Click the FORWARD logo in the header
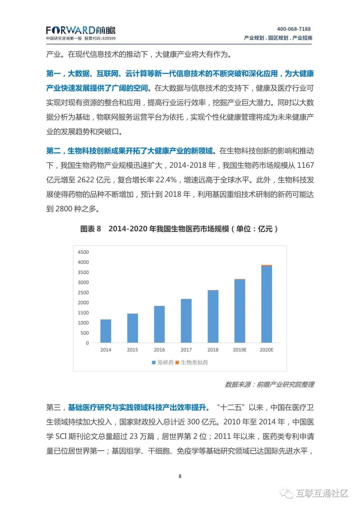80,31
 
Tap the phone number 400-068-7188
294,29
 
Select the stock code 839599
109,39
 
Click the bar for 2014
106,331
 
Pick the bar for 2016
159,324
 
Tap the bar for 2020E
266,304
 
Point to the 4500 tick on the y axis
83,252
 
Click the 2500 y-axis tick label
83,292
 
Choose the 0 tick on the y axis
87,343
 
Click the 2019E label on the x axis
240,350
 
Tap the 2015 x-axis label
132,350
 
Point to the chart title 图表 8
90,229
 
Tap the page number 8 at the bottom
180,476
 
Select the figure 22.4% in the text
166,180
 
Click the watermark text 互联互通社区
322,493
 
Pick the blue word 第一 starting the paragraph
53,73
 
